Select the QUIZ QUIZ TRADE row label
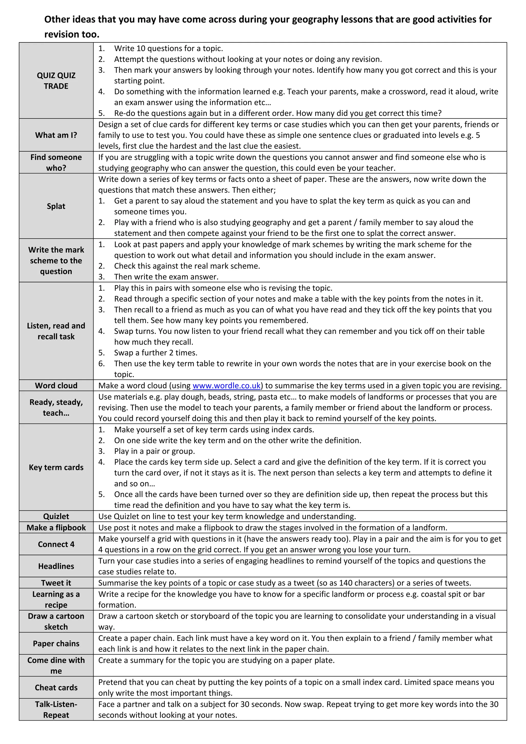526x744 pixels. point(56,81)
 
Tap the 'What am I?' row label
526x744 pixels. point(56,135)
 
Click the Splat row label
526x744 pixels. point(56,206)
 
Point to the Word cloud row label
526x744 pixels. point(56,386)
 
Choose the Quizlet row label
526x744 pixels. point(56,517)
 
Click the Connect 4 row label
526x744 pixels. point(56,544)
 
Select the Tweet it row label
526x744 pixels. point(56,583)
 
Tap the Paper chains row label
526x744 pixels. point(56,644)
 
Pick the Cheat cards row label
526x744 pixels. point(56,688)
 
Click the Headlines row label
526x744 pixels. point(56,566)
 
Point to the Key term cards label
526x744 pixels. point(56,467)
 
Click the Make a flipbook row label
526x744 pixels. point(56,528)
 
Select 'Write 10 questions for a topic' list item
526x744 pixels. point(168,49)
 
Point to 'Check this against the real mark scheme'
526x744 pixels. point(187,266)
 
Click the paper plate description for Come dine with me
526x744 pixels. point(216,661)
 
